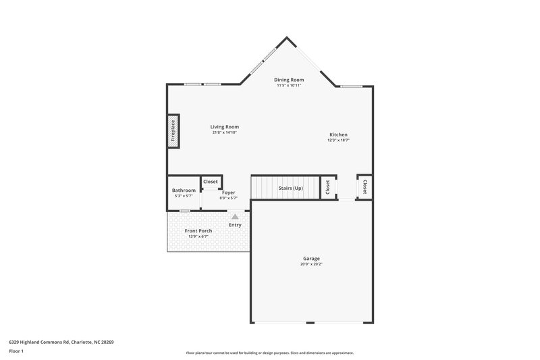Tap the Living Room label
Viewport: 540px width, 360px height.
click(x=224, y=127)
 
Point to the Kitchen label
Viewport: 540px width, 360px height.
click(x=338, y=135)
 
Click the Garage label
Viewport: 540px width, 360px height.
click(x=311, y=259)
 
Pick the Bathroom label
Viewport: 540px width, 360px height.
click(x=184, y=190)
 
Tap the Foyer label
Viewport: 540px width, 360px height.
click(x=228, y=192)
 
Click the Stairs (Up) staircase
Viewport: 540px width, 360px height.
click(x=283, y=187)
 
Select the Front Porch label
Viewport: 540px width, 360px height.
click(x=198, y=231)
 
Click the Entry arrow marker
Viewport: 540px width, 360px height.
click(x=235, y=217)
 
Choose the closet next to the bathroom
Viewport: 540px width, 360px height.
click(x=211, y=182)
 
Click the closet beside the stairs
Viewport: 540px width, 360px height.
click(x=327, y=187)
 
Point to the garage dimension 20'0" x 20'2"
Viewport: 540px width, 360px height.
click(x=311, y=264)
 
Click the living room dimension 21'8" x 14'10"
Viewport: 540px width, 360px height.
click(x=224, y=132)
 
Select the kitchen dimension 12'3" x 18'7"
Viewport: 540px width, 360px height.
click(x=338, y=140)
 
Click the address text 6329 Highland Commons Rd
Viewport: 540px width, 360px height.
click(x=61, y=342)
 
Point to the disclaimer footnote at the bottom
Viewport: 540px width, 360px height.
click(x=269, y=353)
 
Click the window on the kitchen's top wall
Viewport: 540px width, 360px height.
click(x=351, y=86)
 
